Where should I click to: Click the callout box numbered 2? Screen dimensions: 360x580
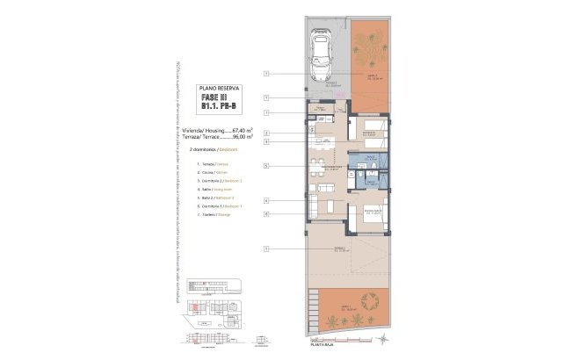pyautogui.click(x=265, y=132)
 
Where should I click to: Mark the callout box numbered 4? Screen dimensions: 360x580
pyautogui.click(x=265, y=201)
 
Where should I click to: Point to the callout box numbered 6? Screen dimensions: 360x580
pyautogui.click(x=265, y=213)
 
